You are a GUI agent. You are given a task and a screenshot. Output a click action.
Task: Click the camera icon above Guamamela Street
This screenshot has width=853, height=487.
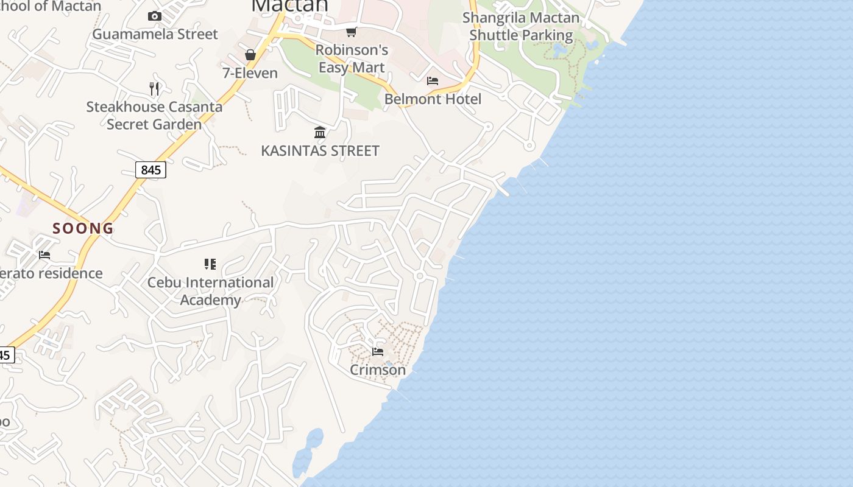[x=155, y=16]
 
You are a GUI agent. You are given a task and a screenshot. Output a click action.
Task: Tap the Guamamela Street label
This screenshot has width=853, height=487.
[x=155, y=34]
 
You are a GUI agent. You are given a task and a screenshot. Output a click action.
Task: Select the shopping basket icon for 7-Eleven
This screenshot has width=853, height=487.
[x=250, y=55]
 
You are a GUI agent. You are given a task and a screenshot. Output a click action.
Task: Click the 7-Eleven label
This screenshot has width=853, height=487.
[x=250, y=73]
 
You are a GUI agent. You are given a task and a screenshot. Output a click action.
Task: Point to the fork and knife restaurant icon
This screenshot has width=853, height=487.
[x=154, y=89]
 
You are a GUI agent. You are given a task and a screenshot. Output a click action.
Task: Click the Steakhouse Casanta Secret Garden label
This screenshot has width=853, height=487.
[x=154, y=116]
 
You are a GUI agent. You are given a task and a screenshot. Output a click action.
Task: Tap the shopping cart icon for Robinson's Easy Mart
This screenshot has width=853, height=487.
[x=351, y=32]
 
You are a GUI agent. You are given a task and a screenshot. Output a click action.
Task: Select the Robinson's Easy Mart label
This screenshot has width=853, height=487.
[x=352, y=58]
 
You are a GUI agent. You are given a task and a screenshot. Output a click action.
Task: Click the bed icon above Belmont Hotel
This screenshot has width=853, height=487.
[x=433, y=81]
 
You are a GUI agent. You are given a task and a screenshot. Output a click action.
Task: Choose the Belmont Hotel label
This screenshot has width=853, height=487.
[x=433, y=99]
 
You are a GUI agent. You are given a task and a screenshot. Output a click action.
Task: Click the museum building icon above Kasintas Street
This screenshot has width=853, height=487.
[x=320, y=133]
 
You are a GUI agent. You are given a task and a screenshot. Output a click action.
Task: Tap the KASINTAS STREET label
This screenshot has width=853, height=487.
[x=320, y=150]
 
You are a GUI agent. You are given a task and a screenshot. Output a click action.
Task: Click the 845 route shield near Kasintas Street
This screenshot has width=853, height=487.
[x=150, y=170]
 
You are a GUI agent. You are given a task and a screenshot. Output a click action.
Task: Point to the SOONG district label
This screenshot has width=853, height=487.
[x=83, y=228]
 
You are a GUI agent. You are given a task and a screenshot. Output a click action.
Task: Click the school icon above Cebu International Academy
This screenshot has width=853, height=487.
[x=210, y=264]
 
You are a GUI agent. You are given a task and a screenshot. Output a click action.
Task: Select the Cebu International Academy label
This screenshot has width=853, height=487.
[x=211, y=291]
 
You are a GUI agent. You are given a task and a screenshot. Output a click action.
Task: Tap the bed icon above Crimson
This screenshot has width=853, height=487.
[x=378, y=352]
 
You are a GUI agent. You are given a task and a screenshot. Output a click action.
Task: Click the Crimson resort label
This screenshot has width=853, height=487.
[x=378, y=370]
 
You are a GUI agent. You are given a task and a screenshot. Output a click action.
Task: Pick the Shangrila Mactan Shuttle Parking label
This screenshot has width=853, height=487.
[x=521, y=26]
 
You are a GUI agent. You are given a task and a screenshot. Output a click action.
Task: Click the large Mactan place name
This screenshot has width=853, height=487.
[x=290, y=5]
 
